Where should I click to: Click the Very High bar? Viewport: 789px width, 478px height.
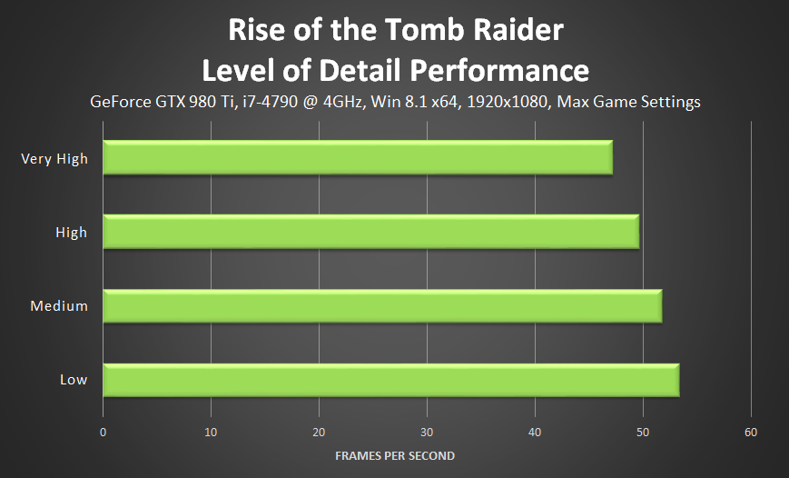coord(358,158)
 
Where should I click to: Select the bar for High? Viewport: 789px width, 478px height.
coord(371,232)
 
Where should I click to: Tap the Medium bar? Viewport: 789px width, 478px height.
coord(382,305)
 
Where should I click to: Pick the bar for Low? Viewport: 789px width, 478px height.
coord(391,379)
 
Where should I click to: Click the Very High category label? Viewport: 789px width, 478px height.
coord(54,159)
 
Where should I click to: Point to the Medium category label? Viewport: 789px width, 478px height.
coord(59,306)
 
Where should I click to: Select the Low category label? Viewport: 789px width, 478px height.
coord(74,380)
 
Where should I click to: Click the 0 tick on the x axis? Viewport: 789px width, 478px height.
coord(104,432)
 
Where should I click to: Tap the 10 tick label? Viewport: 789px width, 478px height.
coord(211,432)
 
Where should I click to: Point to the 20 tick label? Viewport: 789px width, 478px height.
coord(319,432)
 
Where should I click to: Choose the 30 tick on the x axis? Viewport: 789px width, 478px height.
coord(427,432)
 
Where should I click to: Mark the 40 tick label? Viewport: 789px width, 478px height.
coord(535,432)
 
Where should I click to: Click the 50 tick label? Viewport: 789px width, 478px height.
coord(643,432)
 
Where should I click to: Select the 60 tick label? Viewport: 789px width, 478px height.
coord(750,432)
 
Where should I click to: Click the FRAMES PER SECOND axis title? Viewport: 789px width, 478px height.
coord(394,455)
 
